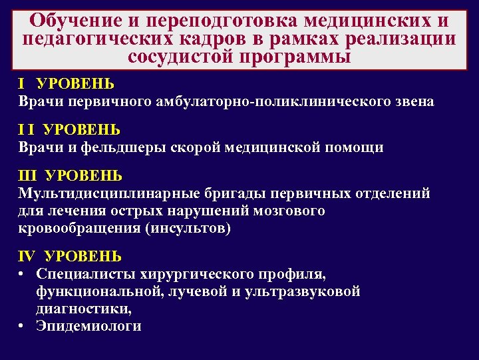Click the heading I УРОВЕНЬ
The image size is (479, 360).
pos(66,85)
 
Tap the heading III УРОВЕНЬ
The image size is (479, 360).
pos(70,176)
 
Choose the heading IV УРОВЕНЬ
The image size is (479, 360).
pos(70,257)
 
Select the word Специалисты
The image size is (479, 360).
pos(85,274)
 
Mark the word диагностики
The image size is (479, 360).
pos(84,309)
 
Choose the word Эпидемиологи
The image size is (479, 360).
pos(89,326)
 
